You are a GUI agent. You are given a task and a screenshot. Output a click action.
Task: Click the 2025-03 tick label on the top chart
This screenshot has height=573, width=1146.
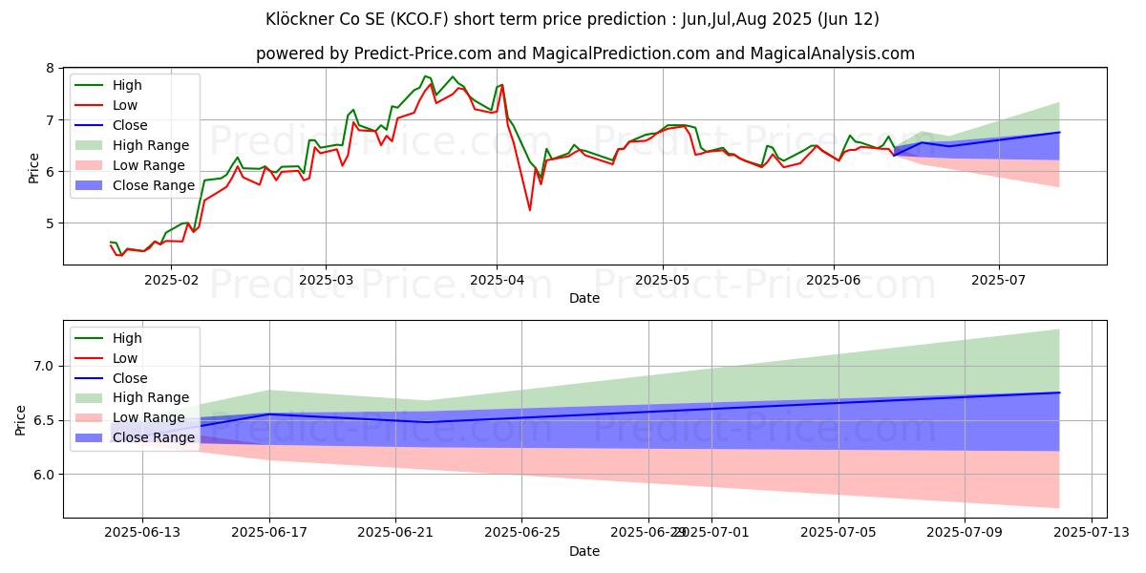(x=326, y=279)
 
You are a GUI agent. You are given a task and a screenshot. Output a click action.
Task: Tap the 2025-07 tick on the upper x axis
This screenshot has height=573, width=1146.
(x=999, y=279)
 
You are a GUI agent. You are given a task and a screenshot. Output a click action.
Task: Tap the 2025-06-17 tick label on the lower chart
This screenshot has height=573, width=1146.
(x=269, y=532)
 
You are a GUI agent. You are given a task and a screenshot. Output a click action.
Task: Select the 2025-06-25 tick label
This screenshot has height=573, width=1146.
(x=521, y=532)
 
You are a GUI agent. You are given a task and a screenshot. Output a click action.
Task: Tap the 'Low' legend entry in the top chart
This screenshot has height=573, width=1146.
(x=126, y=105)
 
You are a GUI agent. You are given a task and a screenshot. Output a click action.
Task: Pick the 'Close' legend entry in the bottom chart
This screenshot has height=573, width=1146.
(x=130, y=378)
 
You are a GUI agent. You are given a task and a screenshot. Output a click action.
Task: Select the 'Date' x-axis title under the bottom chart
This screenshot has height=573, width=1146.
(x=584, y=551)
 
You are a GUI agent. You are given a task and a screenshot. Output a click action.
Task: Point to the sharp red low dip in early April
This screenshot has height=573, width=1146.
(x=529, y=209)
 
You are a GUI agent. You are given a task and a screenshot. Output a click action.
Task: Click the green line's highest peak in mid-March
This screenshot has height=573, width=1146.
(x=425, y=76)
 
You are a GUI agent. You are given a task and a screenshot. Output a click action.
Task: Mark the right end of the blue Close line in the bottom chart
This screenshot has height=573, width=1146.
(x=1059, y=393)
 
